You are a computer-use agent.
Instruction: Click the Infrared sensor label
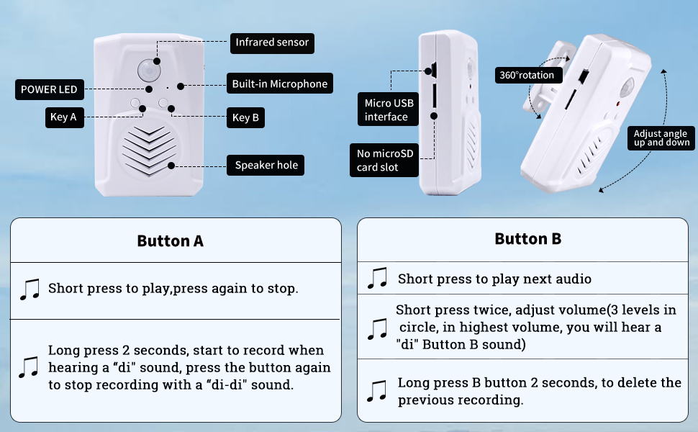click(272, 42)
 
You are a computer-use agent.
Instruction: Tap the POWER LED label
click(49, 90)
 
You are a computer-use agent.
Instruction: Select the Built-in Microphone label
click(279, 84)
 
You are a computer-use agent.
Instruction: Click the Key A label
click(63, 117)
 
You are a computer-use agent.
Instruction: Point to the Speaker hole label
click(266, 165)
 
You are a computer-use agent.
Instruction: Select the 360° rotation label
click(527, 75)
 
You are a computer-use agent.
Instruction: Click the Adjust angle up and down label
click(661, 138)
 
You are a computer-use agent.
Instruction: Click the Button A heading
click(171, 241)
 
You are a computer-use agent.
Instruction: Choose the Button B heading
click(527, 239)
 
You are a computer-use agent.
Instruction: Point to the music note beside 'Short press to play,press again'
click(30, 289)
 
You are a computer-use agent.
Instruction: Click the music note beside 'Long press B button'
click(377, 391)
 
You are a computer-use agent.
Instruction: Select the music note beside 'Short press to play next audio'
click(377, 279)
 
